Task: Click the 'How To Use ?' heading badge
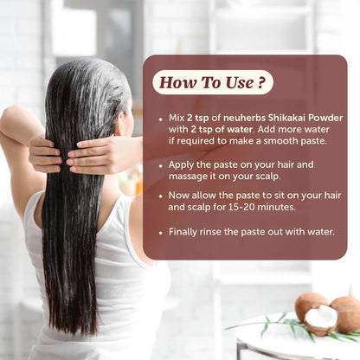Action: pos(212,82)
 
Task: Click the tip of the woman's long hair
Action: pos(81,329)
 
